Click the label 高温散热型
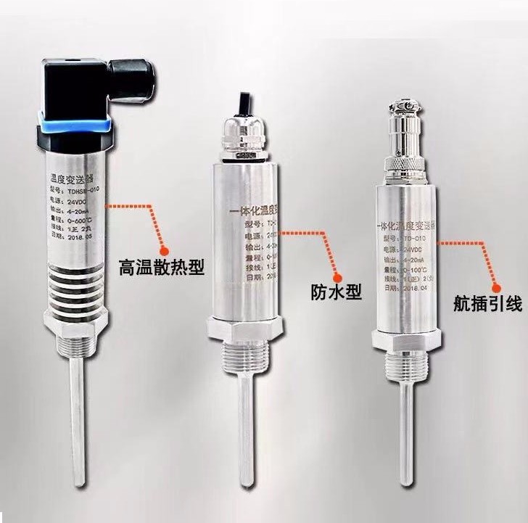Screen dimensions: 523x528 click(x=162, y=268)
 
